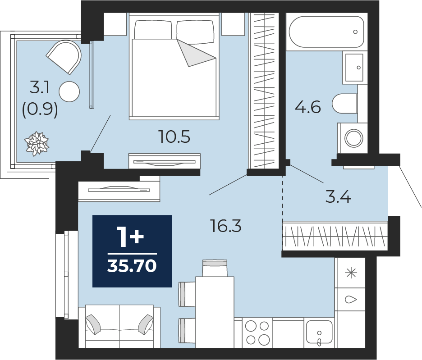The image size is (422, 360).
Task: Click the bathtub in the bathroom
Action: pyautogui.click(x=326, y=32)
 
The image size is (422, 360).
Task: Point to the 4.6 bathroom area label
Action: pyautogui.click(x=308, y=107)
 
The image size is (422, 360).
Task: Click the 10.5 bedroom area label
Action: pyautogui.click(x=174, y=137)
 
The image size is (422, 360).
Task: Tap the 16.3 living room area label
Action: pyautogui.click(x=226, y=226)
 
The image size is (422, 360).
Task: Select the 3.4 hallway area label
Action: pyautogui.click(x=338, y=197)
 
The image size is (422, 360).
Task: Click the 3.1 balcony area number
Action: pyautogui.click(x=40, y=87)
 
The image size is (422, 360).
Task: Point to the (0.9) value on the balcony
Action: pyautogui.click(x=40, y=110)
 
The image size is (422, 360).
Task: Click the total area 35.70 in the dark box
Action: pyautogui.click(x=132, y=266)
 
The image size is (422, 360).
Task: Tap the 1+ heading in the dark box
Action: pyautogui.click(x=131, y=237)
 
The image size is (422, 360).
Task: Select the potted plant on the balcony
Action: pyautogui.click(x=37, y=144)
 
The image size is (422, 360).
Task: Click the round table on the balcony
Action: pyautogui.click(x=69, y=91)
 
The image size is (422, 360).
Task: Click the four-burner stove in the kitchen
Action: pyautogui.click(x=257, y=333)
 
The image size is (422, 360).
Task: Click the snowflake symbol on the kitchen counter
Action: pyautogui.click(x=351, y=273)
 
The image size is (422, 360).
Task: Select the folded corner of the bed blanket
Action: pyautogui.click(x=197, y=53)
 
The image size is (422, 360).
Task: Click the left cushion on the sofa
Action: pyautogui.click(x=93, y=324)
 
